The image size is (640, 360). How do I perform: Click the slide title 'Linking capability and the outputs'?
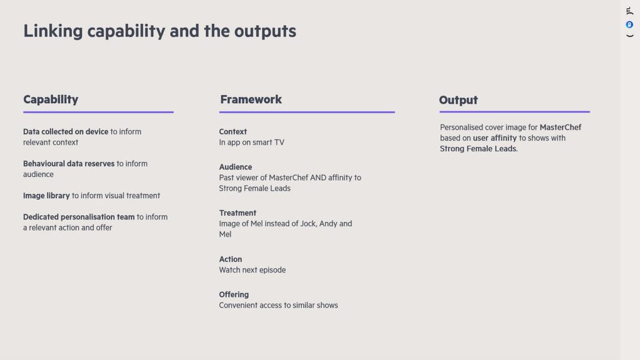[x=159, y=31]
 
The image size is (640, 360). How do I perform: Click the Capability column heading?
[x=51, y=99]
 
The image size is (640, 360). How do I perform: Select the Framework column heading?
[x=251, y=99]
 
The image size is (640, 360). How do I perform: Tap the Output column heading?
[x=458, y=100]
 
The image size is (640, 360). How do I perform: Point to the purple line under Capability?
[x=98, y=112]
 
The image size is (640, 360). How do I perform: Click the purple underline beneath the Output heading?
[x=515, y=111]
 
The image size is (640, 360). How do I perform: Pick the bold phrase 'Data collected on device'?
[x=66, y=132]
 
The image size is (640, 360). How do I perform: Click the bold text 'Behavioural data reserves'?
[x=69, y=164]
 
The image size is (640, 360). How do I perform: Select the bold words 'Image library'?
[x=46, y=196]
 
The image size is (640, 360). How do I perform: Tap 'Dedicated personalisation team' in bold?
[x=79, y=217]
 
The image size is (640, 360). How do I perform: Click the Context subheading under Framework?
[x=232, y=132]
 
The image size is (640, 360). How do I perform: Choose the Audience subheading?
[x=236, y=167]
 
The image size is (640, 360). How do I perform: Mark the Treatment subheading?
[x=237, y=213]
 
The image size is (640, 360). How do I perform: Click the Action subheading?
[x=230, y=259]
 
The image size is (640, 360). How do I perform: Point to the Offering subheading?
[x=234, y=295]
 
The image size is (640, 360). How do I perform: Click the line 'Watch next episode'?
[x=252, y=270]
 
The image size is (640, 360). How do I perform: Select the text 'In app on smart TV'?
[x=251, y=142]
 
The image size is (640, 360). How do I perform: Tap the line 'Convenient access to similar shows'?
[x=278, y=305]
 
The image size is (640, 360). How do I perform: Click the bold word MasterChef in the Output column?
[x=561, y=127]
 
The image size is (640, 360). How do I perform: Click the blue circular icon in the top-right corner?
[x=629, y=25]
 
